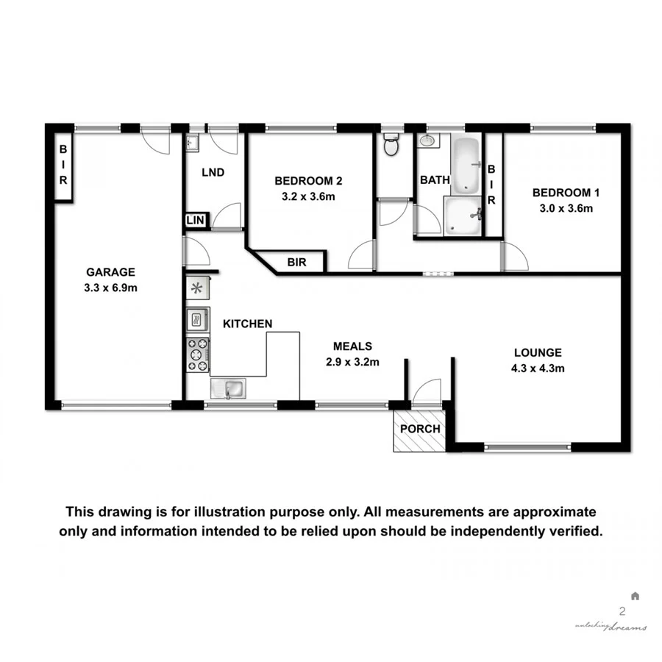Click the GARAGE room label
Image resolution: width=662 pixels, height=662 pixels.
pyautogui.click(x=110, y=271)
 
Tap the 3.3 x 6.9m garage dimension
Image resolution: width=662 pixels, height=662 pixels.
pyautogui.click(x=110, y=288)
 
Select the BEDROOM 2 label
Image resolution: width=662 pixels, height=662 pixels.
pyautogui.click(x=308, y=181)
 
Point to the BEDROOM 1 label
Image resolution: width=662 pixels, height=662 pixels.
pyautogui.click(x=566, y=193)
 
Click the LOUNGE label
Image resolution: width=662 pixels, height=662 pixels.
pyautogui.click(x=538, y=353)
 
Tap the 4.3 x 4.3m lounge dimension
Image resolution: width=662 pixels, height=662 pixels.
pyautogui.click(x=538, y=369)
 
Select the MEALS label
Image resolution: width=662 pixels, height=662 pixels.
pyautogui.click(x=352, y=346)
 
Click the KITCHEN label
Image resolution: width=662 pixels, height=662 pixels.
pyautogui.click(x=248, y=324)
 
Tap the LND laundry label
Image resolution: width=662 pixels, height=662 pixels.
pyautogui.click(x=213, y=173)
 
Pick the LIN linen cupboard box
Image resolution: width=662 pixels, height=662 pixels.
pyautogui.click(x=196, y=220)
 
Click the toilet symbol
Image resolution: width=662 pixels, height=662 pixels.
pyautogui.click(x=391, y=146)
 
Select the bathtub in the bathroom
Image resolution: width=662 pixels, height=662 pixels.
pyautogui.click(x=465, y=163)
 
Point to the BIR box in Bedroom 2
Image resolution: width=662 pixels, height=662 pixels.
pyautogui.click(x=296, y=261)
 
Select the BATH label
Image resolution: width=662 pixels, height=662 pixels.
pyautogui.click(x=431, y=180)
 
